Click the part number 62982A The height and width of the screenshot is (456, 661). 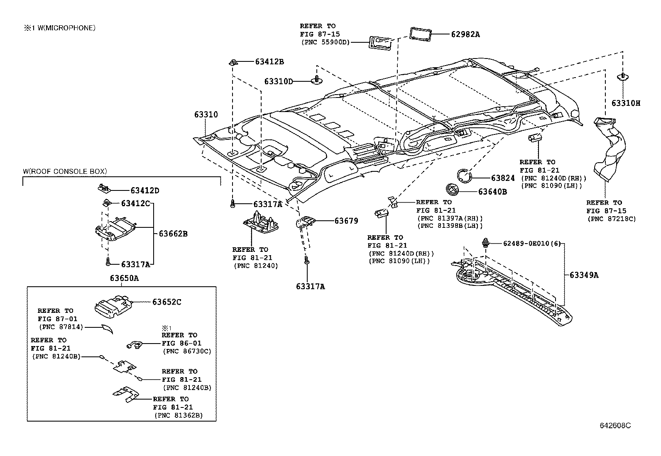(x=465, y=34)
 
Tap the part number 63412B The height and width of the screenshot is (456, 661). (x=269, y=62)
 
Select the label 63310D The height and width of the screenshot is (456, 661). (x=278, y=81)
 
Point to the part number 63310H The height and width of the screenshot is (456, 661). (x=625, y=103)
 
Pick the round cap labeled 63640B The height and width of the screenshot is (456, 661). (x=452, y=189)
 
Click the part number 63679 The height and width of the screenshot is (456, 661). (x=346, y=221)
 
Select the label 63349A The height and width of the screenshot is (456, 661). (x=584, y=275)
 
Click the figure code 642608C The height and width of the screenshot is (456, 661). (x=615, y=426)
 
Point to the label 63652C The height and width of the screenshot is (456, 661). (x=166, y=302)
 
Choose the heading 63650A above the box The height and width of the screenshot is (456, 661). (x=124, y=278)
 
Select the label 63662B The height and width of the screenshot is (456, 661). (x=173, y=234)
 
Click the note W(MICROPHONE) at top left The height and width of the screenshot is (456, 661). (x=59, y=28)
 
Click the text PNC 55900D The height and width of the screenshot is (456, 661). (x=325, y=42)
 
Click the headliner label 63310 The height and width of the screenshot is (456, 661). (x=206, y=115)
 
